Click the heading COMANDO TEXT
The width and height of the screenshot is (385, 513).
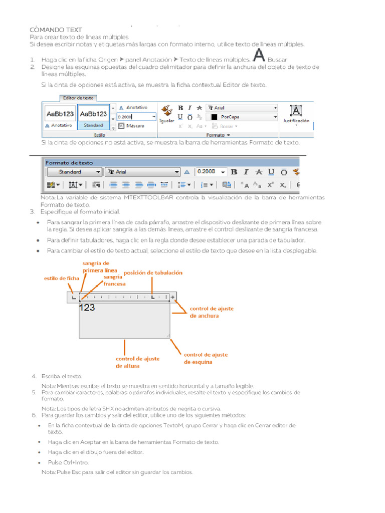56,30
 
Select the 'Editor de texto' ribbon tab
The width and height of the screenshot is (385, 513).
78,98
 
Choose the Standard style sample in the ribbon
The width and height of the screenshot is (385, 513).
93,117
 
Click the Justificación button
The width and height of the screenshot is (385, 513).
296,115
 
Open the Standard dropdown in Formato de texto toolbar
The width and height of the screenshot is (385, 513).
74,172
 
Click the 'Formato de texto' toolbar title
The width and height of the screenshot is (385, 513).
69,163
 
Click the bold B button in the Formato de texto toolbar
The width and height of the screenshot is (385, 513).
234,172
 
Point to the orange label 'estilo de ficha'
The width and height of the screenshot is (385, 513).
62,278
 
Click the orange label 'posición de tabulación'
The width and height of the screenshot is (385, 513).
153,273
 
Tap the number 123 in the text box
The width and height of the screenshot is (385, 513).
87,308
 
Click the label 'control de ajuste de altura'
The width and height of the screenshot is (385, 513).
137,362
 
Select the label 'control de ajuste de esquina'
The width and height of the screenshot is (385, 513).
206,358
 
